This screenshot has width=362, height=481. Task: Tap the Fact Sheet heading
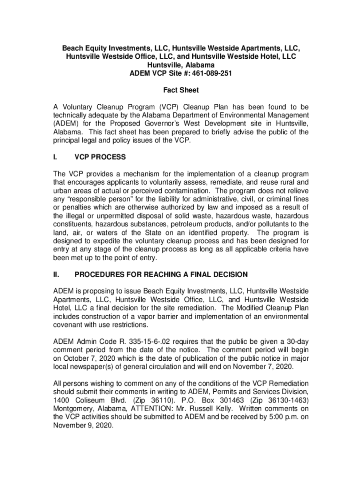click(181, 90)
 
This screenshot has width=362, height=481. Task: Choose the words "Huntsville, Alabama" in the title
click(181, 65)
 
